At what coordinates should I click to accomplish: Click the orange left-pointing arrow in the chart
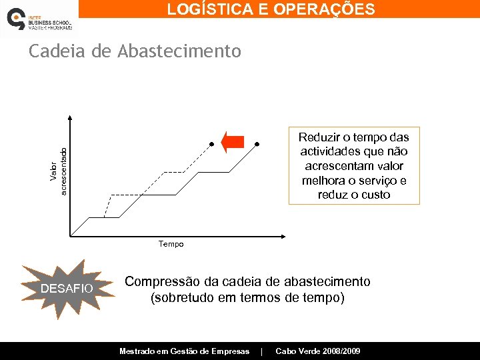pyautogui.click(x=233, y=143)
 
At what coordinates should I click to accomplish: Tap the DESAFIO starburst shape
pyautogui.click(x=67, y=289)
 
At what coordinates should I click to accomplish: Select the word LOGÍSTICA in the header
pyautogui.click(x=209, y=9)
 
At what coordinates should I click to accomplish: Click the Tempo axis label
pyautogui.click(x=171, y=244)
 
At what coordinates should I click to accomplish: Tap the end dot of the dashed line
pyautogui.click(x=211, y=143)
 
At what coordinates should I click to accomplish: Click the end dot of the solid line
pyautogui.click(x=257, y=143)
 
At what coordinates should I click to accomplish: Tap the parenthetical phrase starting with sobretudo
pyautogui.click(x=247, y=297)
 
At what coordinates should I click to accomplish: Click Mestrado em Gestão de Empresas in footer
pyautogui.click(x=184, y=351)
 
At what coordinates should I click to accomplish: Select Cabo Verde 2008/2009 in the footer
pyautogui.click(x=318, y=351)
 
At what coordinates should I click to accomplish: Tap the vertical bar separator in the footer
pyautogui.click(x=262, y=351)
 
